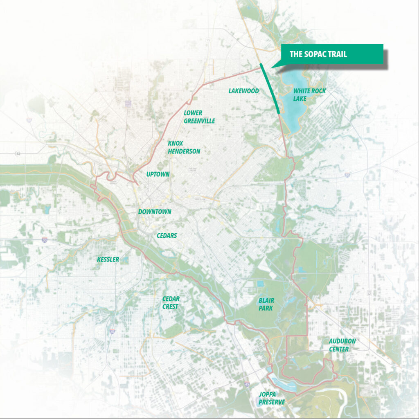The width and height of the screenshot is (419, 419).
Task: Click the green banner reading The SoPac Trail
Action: tap(331, 54)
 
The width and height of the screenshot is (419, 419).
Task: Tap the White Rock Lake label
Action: tap(309, 95)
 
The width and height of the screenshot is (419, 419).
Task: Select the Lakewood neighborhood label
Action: tap(243, 91)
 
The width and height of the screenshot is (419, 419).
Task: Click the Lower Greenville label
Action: tap(199, 117)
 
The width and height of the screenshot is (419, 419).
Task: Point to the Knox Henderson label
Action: tap(184, 147)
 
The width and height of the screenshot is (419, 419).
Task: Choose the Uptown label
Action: tap(158, 174)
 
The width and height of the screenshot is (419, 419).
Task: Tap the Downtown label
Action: tap(155, 212)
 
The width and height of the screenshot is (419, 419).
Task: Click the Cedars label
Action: tap(167, 236)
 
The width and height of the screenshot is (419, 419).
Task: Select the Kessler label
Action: tap(108, 259)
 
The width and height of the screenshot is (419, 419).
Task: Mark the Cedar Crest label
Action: tap(171, 302)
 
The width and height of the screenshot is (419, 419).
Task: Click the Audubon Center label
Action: tap(340, 345)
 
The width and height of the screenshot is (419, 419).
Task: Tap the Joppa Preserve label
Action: tap(271, 398)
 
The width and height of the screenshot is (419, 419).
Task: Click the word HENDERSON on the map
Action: tap(184, 151)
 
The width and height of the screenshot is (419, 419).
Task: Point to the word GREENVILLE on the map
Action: tap(199, 121)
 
